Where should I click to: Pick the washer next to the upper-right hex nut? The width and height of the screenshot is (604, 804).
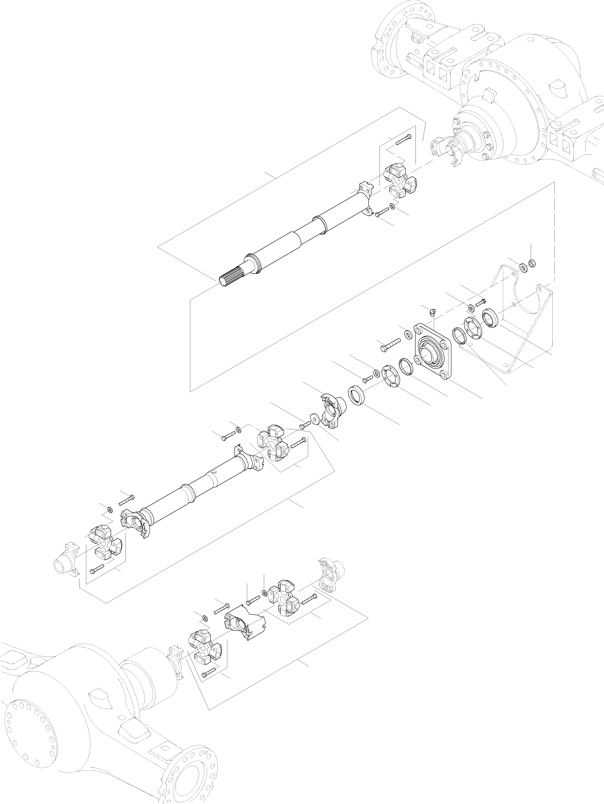(523, 268)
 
